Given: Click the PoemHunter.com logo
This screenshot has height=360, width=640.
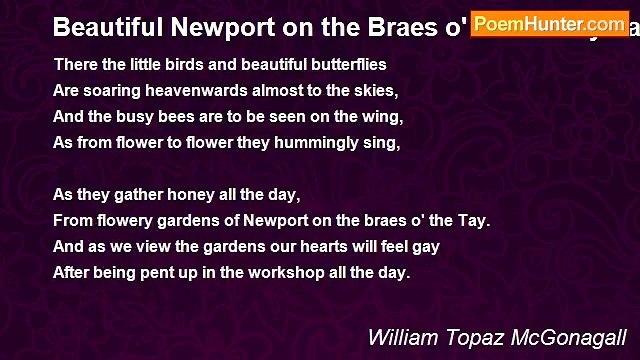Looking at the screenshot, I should pos(549,23).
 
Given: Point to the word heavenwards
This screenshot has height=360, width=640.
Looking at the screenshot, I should pos(187,89).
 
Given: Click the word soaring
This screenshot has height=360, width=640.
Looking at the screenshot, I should pos(111,89).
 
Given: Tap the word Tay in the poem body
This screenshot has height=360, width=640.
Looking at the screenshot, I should pos(476,220).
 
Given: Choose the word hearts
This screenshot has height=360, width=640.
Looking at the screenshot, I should pos(312,246).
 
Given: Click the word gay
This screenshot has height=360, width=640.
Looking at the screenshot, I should pos(426,246).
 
